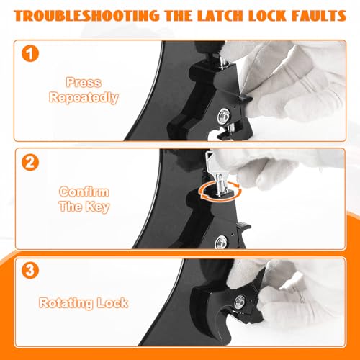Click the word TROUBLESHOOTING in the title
[x=86, y=16]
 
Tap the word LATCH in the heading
[x=220, y=16]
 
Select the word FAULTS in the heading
[x=319, y=16]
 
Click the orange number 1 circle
[x=30, y=53]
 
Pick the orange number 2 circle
[x=30, y=163]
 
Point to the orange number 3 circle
[x=30, y=270]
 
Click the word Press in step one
[x=84, y=82]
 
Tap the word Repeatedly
[x=84, y=98]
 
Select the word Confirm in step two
[x=84, y=192]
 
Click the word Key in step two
[x=96, y=207]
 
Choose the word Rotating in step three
[x=66, y=303]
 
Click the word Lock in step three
[x=112, y=302]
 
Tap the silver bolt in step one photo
[x=223, y=116]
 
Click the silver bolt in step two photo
[x=221, y=242]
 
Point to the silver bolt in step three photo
[x=240, y=302]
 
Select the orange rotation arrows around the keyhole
[x=220, y=190]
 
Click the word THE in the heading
[x=179, y=16]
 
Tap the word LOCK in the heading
[x=266, y=16]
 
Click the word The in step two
[x=70, y=206]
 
